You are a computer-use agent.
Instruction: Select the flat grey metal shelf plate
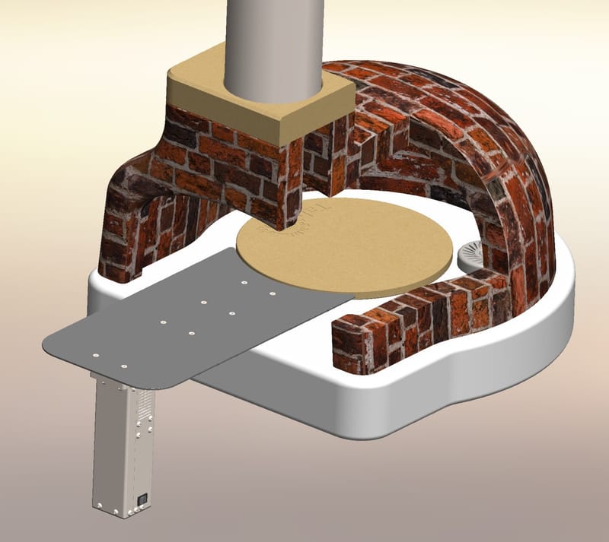click(x=190, y=319)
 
